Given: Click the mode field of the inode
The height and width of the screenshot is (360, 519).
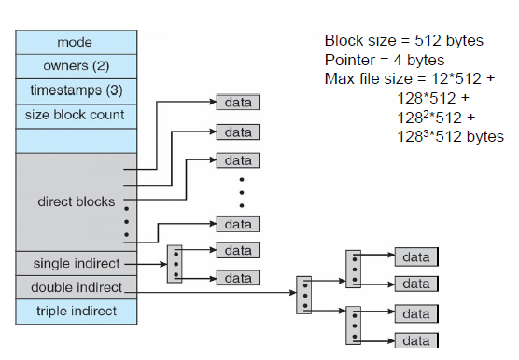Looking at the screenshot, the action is pyautogui.click(x=77, y=42).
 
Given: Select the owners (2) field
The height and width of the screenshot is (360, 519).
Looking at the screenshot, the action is pyautogui.click(x=77, y=66).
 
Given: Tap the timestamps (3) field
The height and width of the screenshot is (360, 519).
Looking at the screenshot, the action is pyautogui.click(x=77, y=91).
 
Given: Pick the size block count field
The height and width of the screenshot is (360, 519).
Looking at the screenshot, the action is pyautogui.click(x=77, y=116).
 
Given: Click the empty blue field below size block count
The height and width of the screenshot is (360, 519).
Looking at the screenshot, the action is pyautogui.click(x=77, y=141).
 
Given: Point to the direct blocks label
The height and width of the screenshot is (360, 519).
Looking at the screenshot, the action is pyautogui.click(x=77, y=201).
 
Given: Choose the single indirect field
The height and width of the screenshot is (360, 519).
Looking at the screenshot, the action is pyautogui.click(x=77, y=263).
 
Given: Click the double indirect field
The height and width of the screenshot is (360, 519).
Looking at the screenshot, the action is pyautogui.click(x=77, y=287).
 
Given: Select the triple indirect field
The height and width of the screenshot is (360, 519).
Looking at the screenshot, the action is pyautogui.click(x=77, y=312).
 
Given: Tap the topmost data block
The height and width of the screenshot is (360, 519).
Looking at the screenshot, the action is pyautogui.click(x=238, y=103).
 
